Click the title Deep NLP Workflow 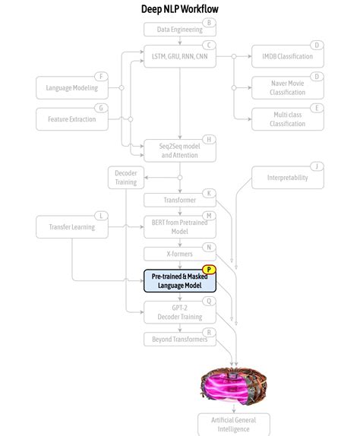pos(180,9)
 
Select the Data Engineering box pos(180,30)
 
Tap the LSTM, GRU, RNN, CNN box pos(180,56)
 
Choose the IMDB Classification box pos(288,56)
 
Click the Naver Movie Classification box pos(288,87)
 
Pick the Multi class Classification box pos(288,118)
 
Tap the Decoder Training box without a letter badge pos(125,178)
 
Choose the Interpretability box pos(288,178)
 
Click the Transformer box pos(180,200)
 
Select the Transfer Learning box pos(72,226)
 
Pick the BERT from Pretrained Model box pos(180,226)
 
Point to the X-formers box pos(180,254)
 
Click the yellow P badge pos(210,269)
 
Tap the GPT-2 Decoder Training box pos(180,312)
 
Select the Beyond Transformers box pos(180,339)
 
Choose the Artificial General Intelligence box pos(234,424)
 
